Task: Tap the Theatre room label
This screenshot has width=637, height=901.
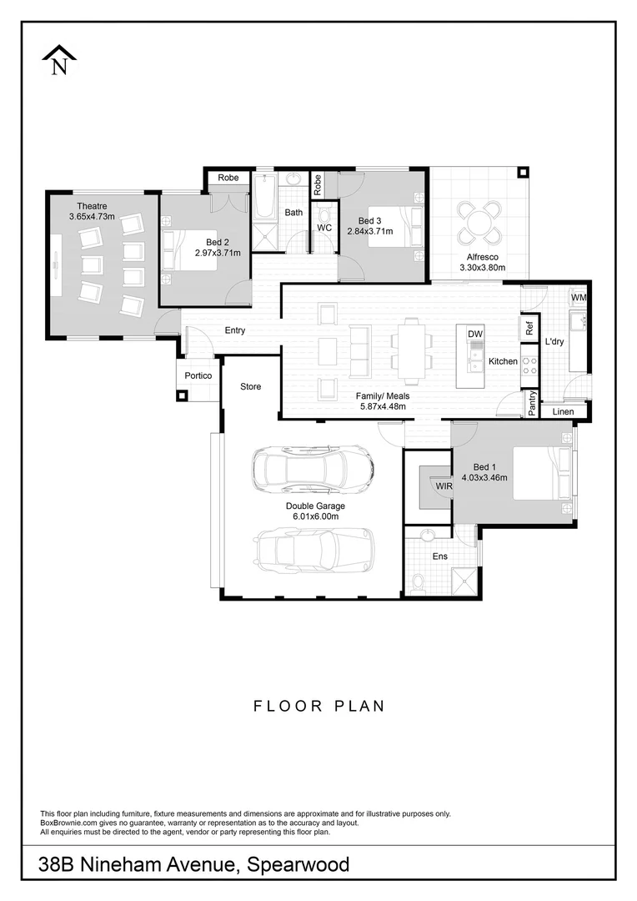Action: tap(92, 206)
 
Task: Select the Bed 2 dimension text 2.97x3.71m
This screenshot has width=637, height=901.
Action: tap(218, 253)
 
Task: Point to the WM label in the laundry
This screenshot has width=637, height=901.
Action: tap(579, 298)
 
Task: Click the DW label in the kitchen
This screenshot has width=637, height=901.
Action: tap(475, 335)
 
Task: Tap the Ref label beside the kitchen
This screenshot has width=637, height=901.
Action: tap(529, 328)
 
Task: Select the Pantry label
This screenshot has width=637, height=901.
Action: tap(531, 403)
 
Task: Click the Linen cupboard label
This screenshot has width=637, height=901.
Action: tap(564, 411)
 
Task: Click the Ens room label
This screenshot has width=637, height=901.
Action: tap(439, 556)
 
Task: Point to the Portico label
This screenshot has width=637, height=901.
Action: tap(198, 376)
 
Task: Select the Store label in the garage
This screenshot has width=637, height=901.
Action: tap(251, 387)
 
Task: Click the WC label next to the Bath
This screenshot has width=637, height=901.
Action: tap(324, 228)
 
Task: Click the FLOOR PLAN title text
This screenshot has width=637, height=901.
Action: tap(318, 706)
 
